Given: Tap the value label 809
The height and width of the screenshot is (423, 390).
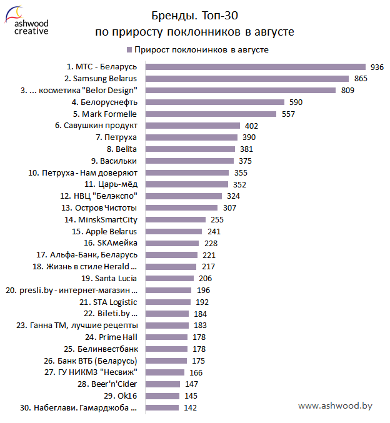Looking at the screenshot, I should coord(347,91).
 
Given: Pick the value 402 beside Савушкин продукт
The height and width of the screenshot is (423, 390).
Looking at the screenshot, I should coord(251,126).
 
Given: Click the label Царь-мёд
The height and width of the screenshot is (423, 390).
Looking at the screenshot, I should coord(114,184).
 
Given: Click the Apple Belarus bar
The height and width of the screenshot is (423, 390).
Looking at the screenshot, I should coord(172,231).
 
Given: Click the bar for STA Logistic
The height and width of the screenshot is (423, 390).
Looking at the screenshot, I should coord(167,302).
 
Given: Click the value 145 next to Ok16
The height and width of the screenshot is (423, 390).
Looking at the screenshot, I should coord(191,396).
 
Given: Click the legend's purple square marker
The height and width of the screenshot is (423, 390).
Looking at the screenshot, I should coord(128,49).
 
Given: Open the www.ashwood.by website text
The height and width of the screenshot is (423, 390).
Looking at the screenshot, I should coord(335,406).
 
